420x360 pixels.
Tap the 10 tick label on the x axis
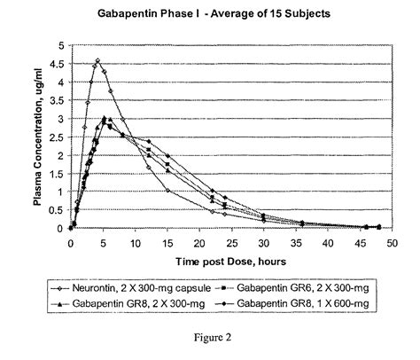(x=135, y=240)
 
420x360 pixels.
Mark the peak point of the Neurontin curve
(x=97, y=60)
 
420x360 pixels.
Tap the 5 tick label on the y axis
(x=60, y=45)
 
